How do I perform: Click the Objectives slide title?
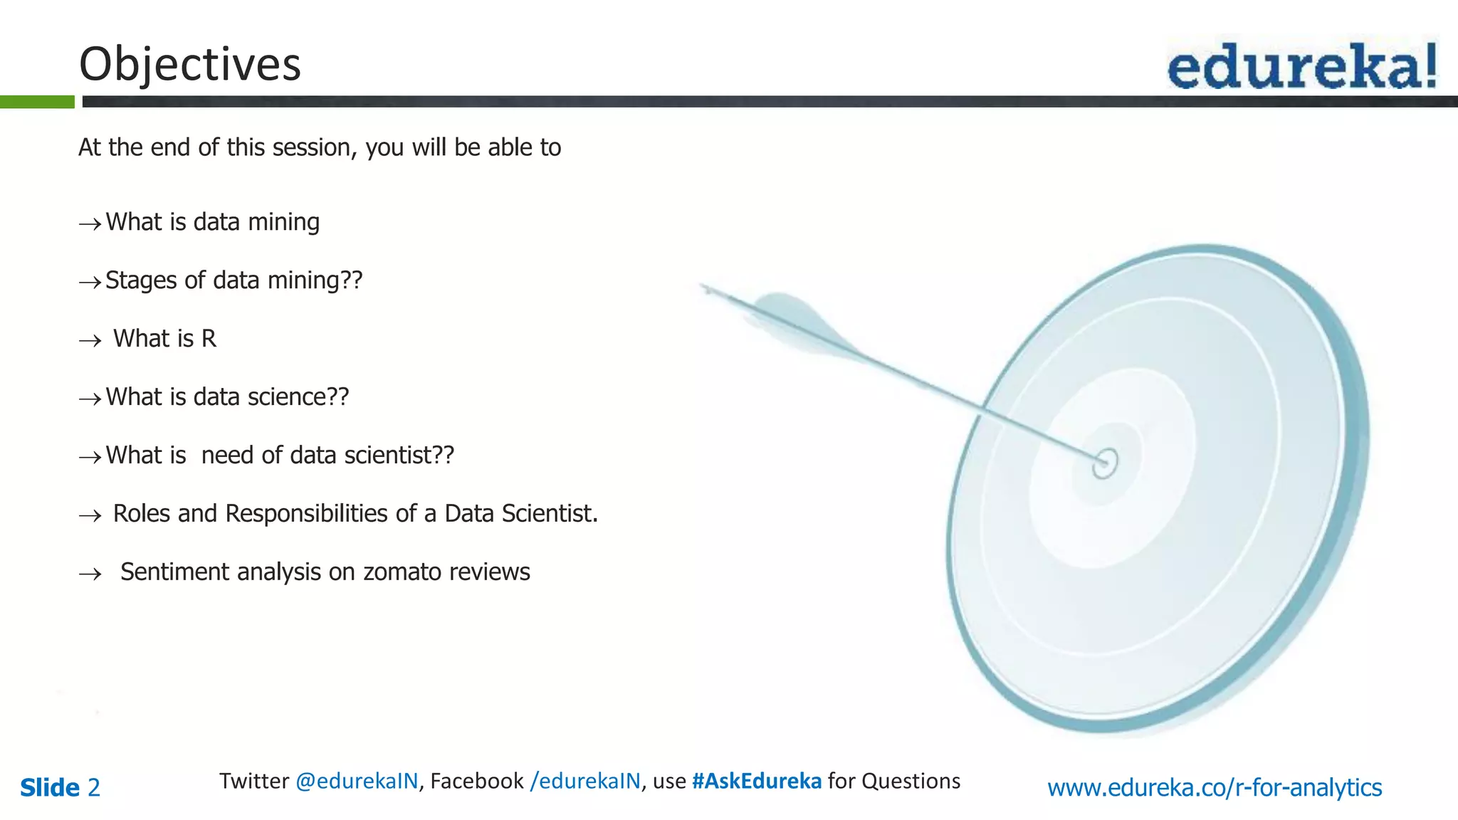click(190, 64)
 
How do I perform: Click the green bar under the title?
click(37, 102)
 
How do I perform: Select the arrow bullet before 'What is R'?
click(90, 341)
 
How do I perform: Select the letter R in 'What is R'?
click(209, 339)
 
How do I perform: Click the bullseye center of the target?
click(1105, 463)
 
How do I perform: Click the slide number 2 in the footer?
click(93, 788)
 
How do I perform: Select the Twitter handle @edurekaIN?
click(357, 782)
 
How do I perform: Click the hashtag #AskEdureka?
click(757, 782)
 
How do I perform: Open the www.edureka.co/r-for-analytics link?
click(1215, 788)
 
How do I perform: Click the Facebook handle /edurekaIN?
click(585, 782)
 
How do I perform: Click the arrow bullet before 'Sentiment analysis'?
click(90, 574)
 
